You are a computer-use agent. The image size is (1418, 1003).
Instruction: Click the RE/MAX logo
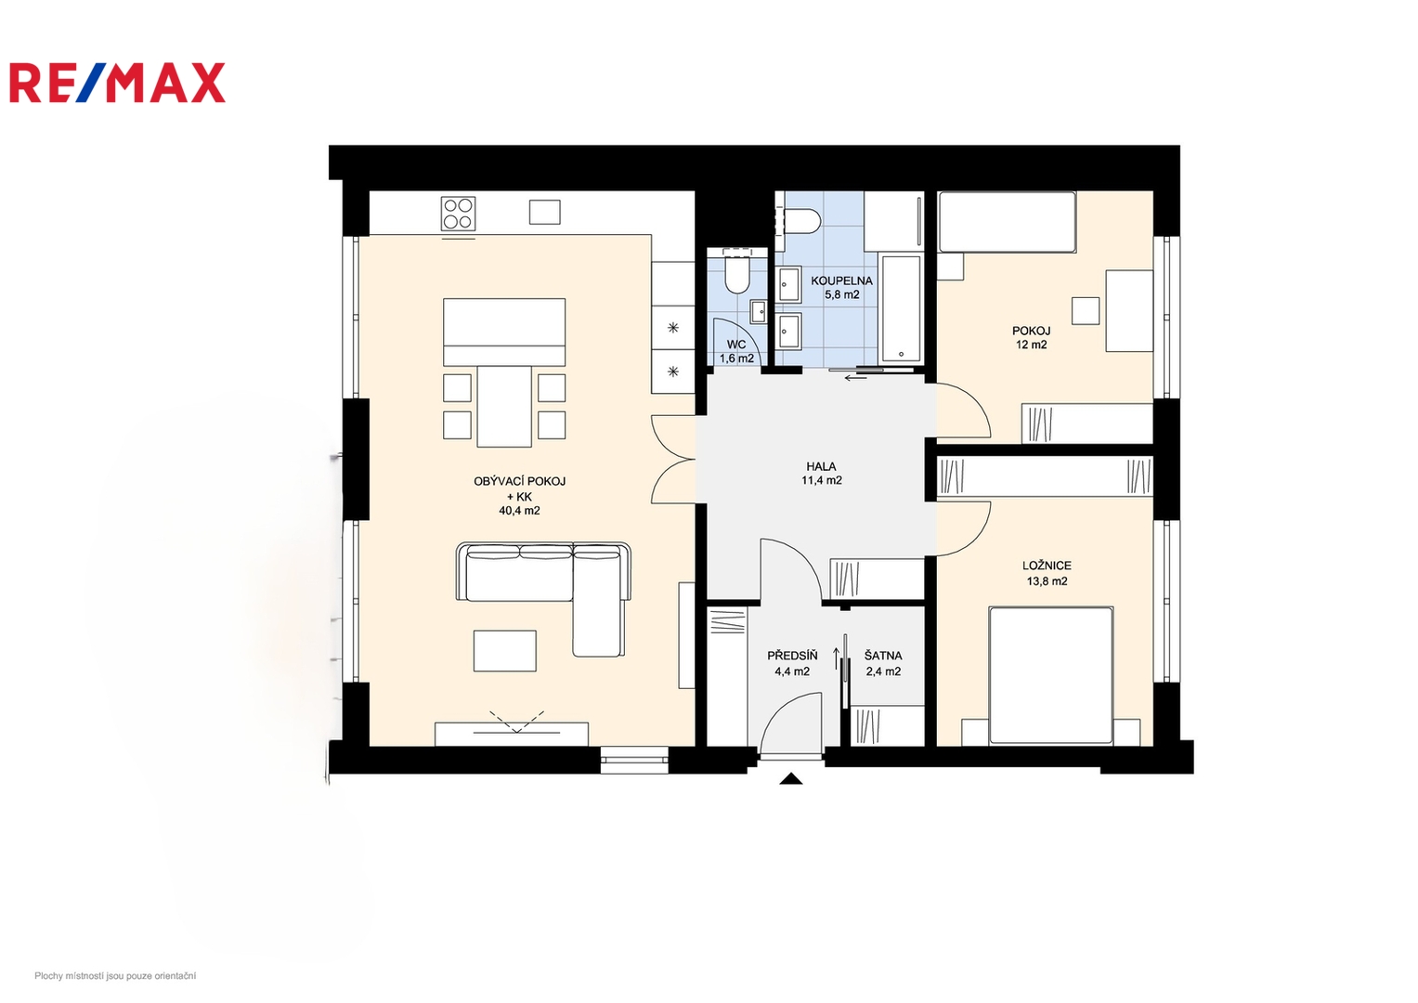pyautogui.click(x=117, y=83)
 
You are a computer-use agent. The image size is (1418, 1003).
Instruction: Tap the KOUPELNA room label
pyautogui.click(x=841, y=280)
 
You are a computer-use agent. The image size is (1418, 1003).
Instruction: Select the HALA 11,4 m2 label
pyautogui.click(x=822, y=473)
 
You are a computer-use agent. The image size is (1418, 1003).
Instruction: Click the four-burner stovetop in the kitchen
pyautogui.click(x=459, y=214)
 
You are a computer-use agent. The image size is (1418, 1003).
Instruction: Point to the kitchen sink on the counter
pyautogui.click(x=544, y=212)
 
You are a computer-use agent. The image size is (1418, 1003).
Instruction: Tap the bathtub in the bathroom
pyautogui.click(x=901, y=308)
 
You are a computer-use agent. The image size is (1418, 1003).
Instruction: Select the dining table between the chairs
pyautogui.click(x=504, y=407)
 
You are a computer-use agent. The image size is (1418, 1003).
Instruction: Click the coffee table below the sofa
pyautogui.click(x=504, y=651)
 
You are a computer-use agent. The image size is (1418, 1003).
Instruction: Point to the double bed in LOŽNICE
pyautogui.click(x=1051, y=675)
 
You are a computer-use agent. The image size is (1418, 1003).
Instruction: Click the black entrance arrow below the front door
pyautogui.click(x=790, y=779)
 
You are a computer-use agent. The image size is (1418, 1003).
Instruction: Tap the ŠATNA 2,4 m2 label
pyautogui.click(x=884, y=664)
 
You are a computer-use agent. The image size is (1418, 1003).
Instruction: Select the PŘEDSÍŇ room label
pyautogui.click(x=792, y=656)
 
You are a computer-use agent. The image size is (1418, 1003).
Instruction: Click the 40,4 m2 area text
pyautogui.click(x=519, y=511)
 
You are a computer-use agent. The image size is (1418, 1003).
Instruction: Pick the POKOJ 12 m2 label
pyautogui.click(x=1031, y=337)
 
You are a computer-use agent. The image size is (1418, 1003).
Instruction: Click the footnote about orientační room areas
pyautogui.click(x=115, y=976)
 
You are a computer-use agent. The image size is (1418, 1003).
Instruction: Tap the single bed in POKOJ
pyautogui.click(x=1008, y=222)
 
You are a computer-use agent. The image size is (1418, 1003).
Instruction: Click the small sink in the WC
pyautogui.click(x=759, y=311)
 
